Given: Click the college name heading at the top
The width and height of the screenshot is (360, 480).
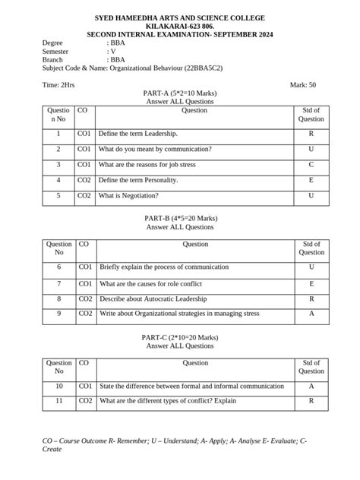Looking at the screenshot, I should [180, 17].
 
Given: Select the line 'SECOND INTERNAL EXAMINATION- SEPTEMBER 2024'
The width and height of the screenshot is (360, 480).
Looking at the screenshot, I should [180, 34].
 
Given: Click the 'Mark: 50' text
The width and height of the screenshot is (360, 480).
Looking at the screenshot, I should [303, 85].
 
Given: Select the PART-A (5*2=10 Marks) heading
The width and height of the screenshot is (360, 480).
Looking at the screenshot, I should [180, 93].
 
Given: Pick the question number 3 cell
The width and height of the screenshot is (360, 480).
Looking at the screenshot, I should [58, 164].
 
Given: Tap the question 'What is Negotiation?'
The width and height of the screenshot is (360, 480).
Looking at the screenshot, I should [128, 195].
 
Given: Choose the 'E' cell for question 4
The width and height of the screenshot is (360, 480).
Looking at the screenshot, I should [311, 180].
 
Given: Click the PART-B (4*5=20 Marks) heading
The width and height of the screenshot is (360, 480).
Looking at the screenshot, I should [180, 218].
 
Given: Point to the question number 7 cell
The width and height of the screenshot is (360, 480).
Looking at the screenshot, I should [58, 283].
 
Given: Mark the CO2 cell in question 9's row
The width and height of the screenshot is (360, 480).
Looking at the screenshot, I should [85, 313].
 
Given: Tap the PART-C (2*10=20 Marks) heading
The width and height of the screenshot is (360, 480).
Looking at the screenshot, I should [180, 336].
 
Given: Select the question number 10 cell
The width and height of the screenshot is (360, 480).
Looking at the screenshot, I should [58, 387].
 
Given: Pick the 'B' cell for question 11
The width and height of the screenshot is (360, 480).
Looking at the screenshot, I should [311, 401].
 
